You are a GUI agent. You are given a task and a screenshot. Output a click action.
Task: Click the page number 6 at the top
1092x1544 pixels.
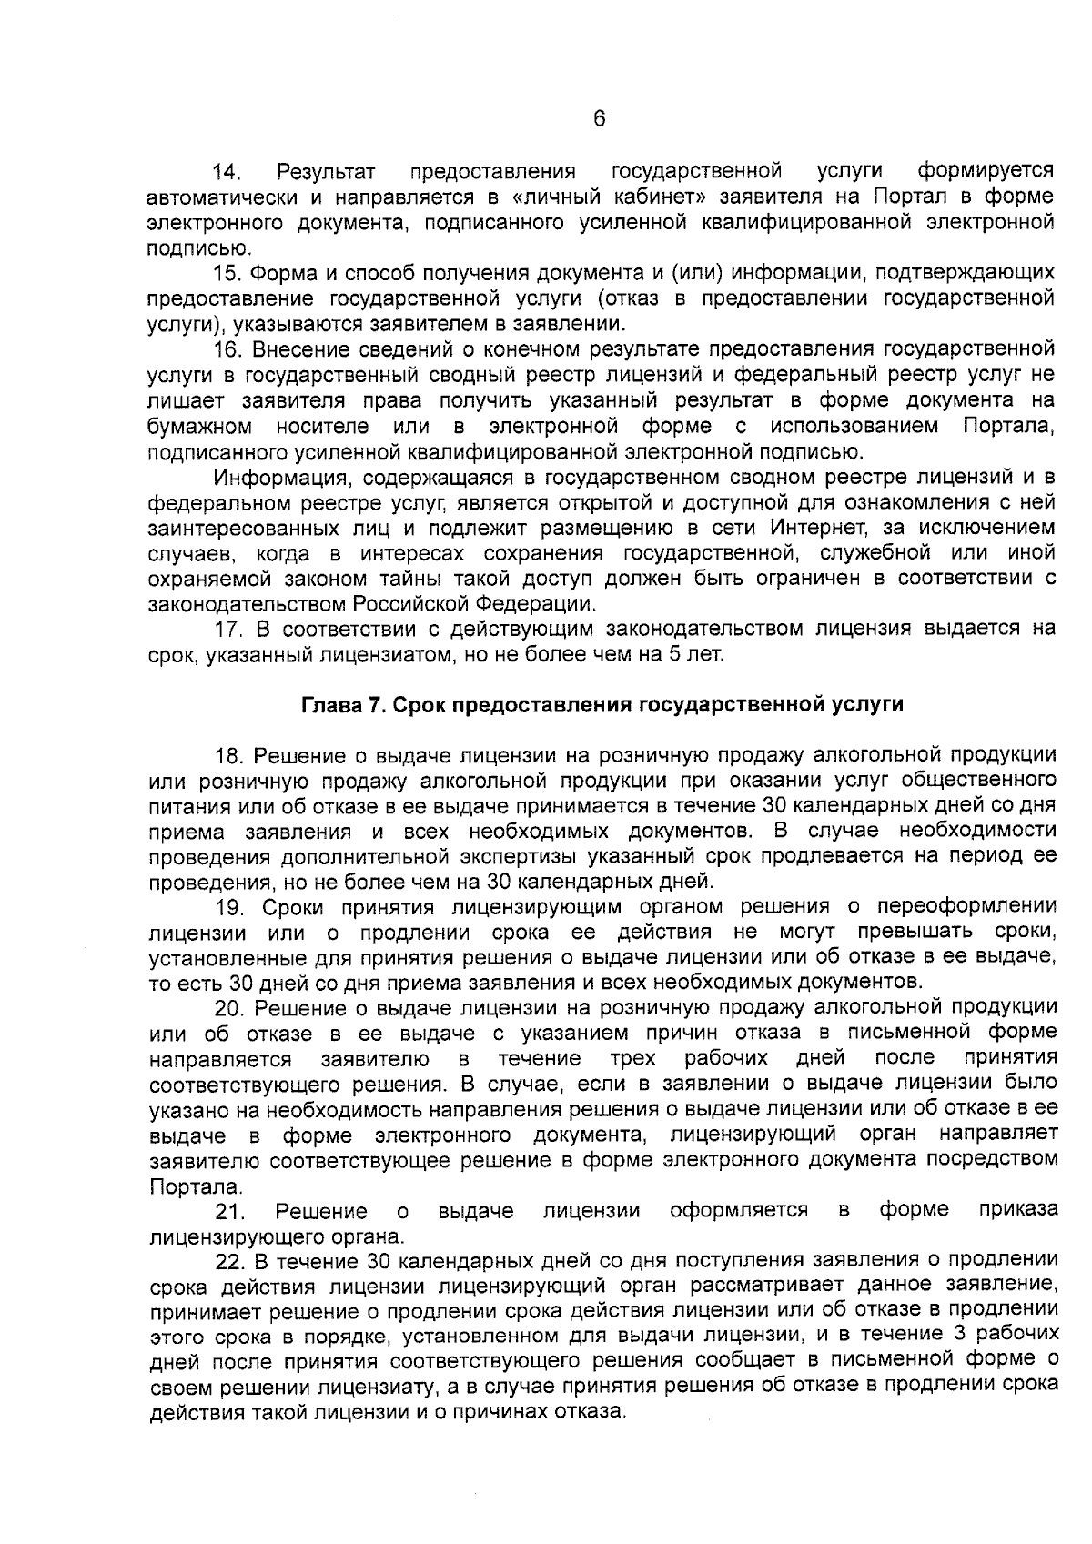[x=599, y=119]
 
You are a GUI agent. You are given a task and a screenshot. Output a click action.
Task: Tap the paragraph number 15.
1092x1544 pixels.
[x=227, y=272]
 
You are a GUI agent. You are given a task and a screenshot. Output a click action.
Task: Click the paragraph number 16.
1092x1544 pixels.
[x=227, y=349]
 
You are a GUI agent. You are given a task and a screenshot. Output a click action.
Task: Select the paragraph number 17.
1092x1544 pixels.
[x=227, y=630]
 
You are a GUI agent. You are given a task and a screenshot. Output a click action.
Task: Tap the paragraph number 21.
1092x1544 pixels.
[x=227, y=1212]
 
